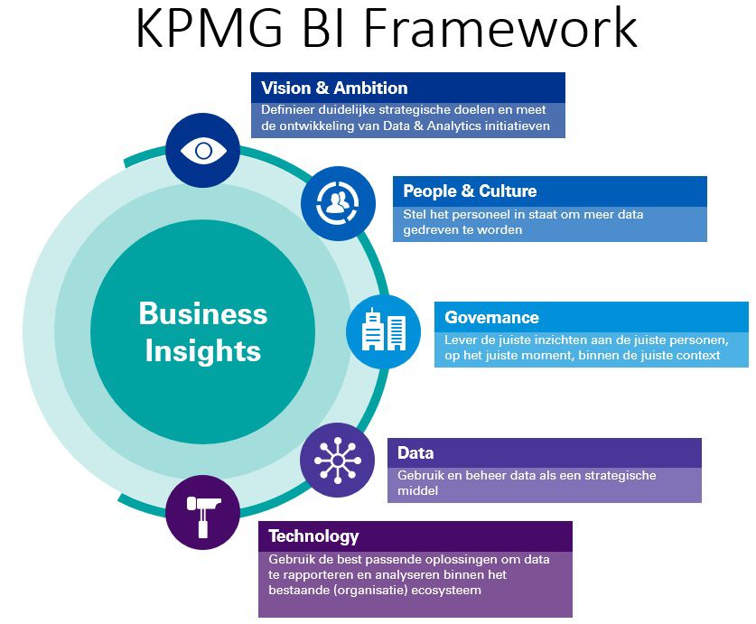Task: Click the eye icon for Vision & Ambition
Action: (x=203, y=150)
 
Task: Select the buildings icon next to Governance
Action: (x=384, y=331)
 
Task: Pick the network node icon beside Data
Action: (x=337, y=460)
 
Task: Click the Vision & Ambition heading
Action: (x=334, y=88)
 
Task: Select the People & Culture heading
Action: (x=470, y=191)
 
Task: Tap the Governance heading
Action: (x=491, y=318)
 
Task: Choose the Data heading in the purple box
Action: (x=415, y=453)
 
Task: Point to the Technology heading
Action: (x=313, y=536)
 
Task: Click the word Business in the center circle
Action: (x=203, y=314)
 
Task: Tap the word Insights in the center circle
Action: (x=203, y=350)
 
